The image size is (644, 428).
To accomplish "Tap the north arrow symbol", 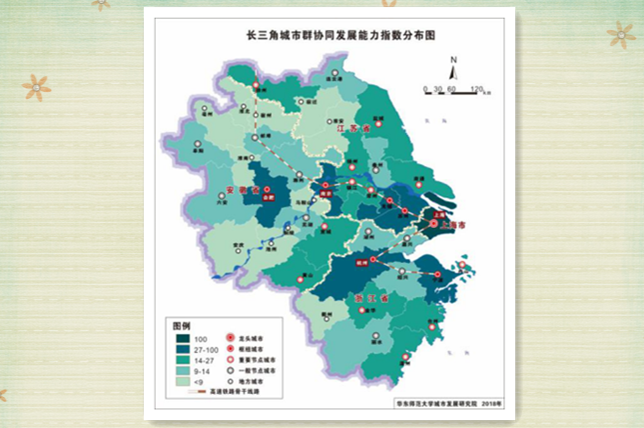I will [452, 71].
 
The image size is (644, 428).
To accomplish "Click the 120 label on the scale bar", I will [476, 89].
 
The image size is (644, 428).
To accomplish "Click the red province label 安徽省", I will [243, 189].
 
